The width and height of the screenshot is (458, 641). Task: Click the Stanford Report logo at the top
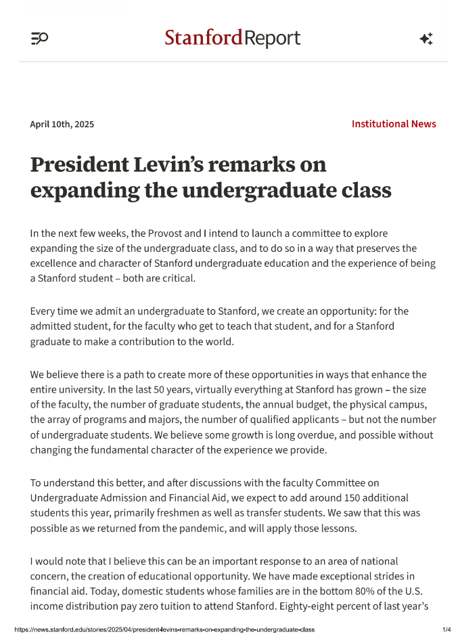[232, 39]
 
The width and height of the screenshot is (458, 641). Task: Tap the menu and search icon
[39, 39]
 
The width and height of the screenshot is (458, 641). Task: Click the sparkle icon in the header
[426, 39]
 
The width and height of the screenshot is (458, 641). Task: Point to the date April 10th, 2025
[62, 124]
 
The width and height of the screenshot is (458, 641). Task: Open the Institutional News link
[394, 124]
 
